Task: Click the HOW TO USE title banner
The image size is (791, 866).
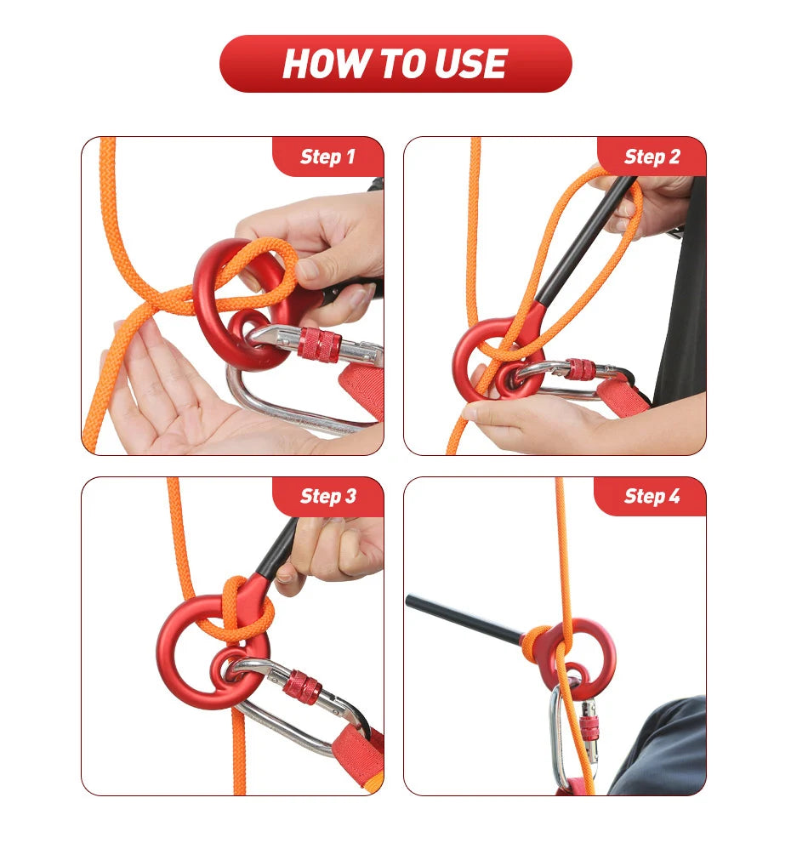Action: [x=395, y=64]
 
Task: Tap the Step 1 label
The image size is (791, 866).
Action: [x=327, y=157]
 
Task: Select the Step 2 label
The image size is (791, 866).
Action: [x=652, y=157]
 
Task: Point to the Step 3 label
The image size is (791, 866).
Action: [x=328, y=496]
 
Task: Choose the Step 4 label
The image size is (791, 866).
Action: [x=652, y=496]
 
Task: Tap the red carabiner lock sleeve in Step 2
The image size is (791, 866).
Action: [x=579, y=369]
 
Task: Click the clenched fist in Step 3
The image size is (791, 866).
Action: [x=332, y=550]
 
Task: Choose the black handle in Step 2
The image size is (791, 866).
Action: [x=585, y=240]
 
